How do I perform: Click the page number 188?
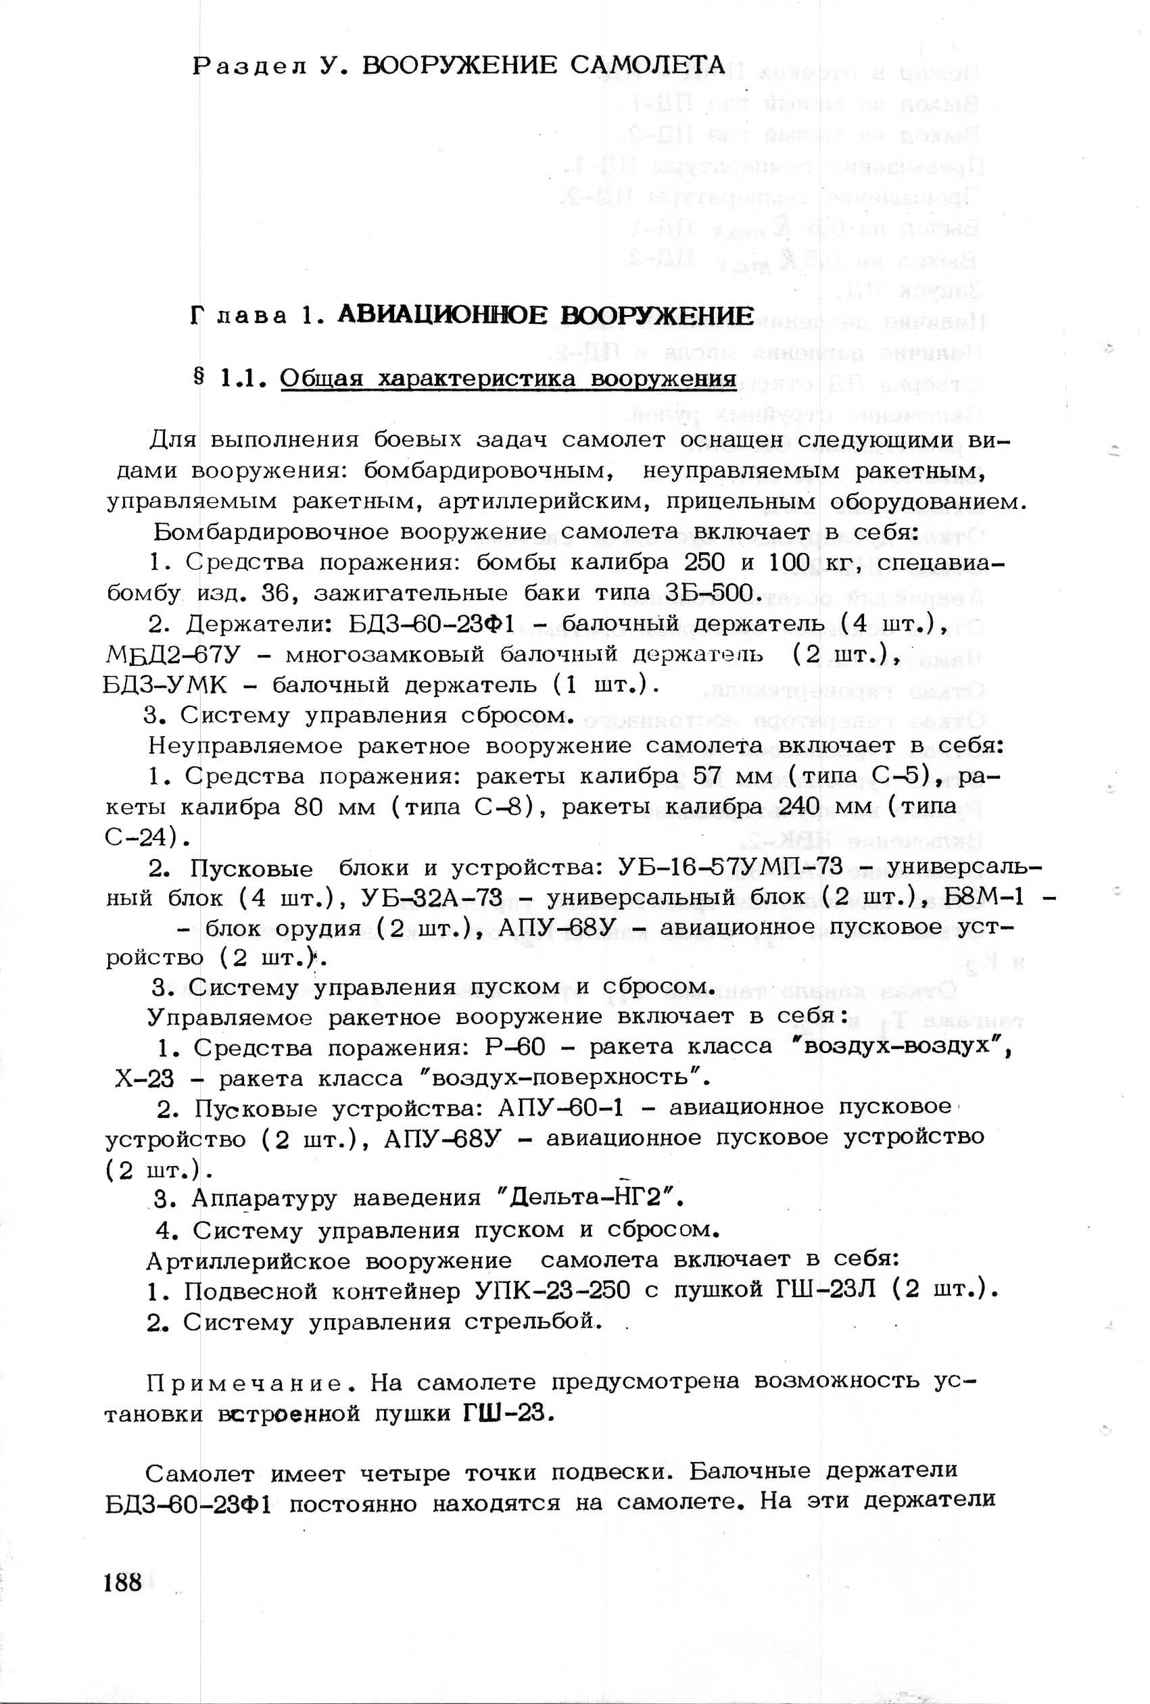[x=122, y=1582]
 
